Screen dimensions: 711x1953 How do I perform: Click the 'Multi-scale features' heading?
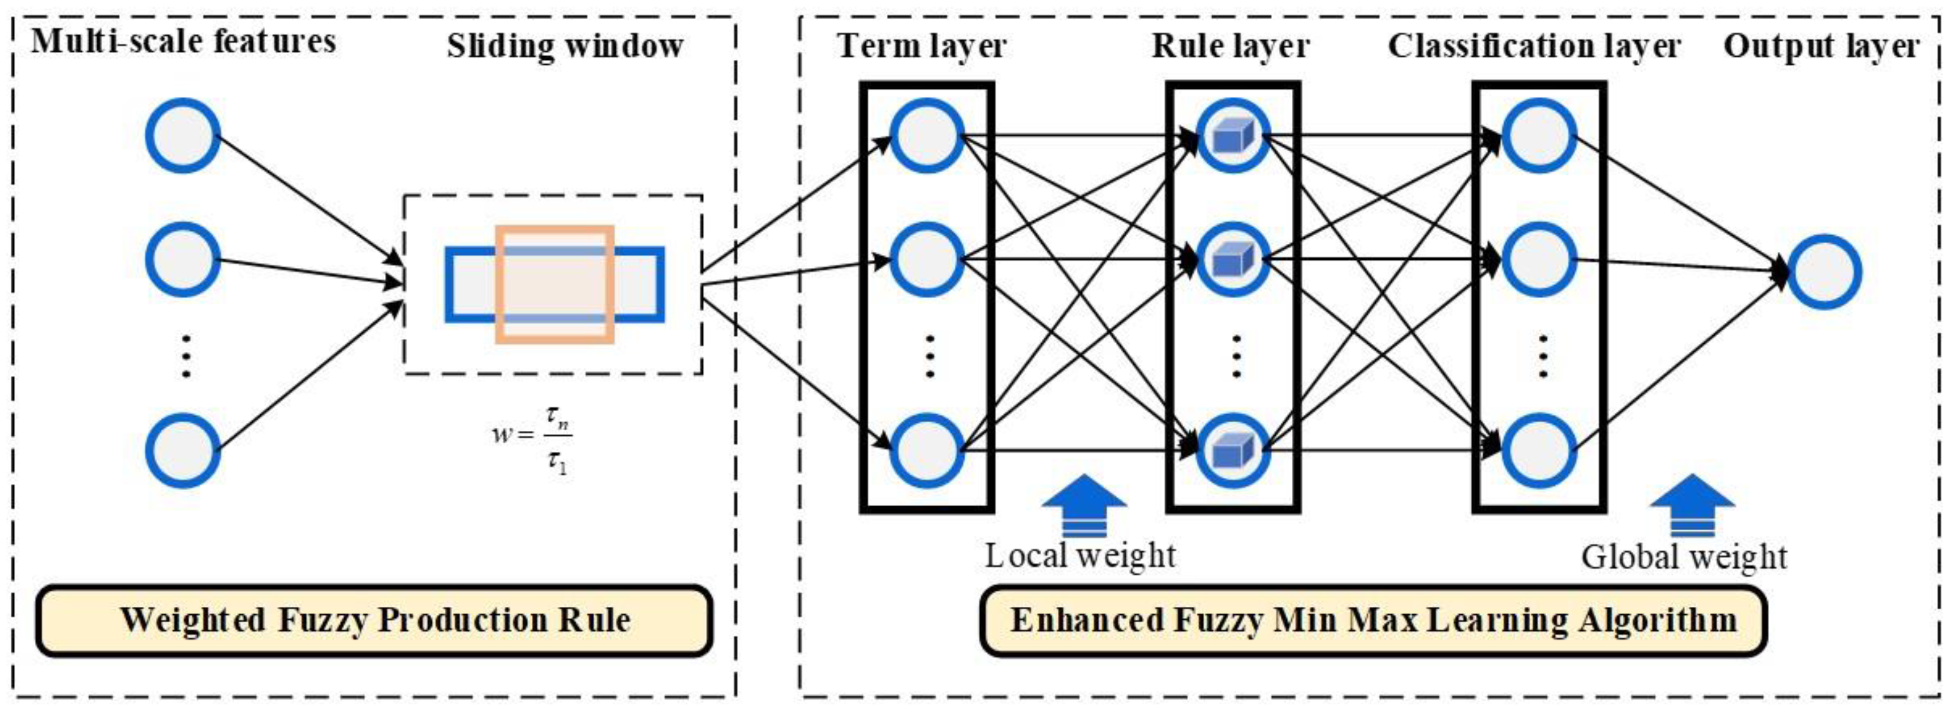(x=183, y=41)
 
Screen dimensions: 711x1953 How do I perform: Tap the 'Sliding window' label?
(x=565, y=45)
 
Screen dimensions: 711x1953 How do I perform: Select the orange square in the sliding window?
(x=555, y=284)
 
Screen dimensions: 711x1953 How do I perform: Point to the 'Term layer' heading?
(x=922, y=45)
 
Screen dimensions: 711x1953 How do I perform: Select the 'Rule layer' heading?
(x=1230, y=45)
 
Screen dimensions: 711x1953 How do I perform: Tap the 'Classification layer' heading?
(x=1534, y=45)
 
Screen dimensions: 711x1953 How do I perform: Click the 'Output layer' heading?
(x=1821, y=45)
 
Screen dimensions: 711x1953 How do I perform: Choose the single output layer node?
(x=1824, y=272)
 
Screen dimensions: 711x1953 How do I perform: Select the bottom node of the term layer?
(x=926, y=450)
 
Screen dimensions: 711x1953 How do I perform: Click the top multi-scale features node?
(x=183, y=136)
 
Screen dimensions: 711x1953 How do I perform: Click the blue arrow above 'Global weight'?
(x=1692, y=504)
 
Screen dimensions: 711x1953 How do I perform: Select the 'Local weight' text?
(x=1080, y=555)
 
